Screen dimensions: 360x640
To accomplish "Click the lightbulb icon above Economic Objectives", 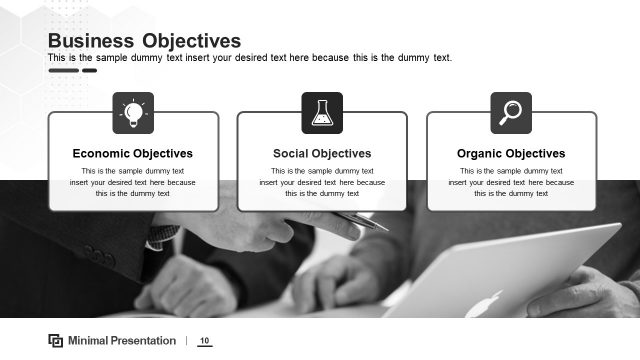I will [x=133, y=112].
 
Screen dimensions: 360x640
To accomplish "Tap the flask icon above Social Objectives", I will [x=322, y=112].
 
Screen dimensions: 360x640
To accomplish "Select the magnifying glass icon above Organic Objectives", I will [x=511, y=112].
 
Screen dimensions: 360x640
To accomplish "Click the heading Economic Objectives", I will [x=133, y=154].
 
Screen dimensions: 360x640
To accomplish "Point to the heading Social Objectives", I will [x=322, y=154].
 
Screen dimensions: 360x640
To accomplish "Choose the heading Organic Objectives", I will [x=511, y=154].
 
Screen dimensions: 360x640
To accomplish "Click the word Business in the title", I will [x=91, y=41].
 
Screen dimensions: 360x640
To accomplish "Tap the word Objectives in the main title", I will [x=191, y=41].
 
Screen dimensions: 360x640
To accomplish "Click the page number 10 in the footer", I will [x=204, y=341].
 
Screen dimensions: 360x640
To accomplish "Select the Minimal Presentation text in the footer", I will [x=122, y=341].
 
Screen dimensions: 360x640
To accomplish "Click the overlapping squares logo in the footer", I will [x=56, y=341].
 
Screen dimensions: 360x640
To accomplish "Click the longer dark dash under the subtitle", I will [x=63, y=71].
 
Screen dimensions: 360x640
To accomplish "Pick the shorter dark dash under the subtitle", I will [x=90, y=71].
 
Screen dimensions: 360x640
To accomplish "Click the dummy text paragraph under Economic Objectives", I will [x=133, y=182].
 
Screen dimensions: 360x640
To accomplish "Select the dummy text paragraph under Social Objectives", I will [x=322, y=182].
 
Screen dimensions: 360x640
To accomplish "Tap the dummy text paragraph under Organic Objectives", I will [x=511, y=182].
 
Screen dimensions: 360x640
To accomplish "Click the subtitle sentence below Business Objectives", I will [x=250, y=58].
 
